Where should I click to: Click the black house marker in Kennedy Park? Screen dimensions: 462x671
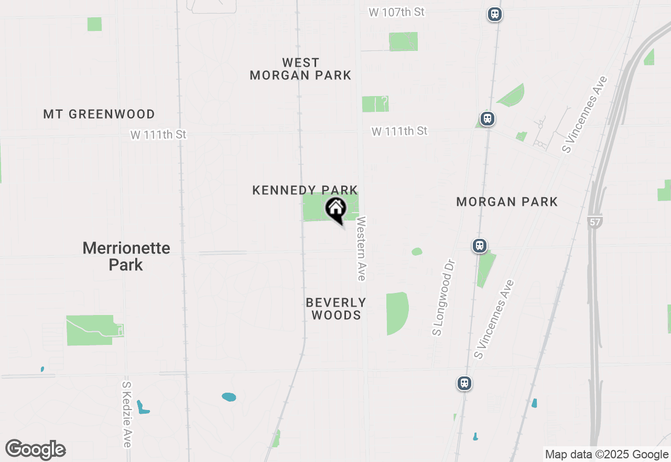pos(336,209)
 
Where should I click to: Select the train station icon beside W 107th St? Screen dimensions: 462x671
pos(494,14)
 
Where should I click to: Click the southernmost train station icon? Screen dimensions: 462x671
pos(464,383)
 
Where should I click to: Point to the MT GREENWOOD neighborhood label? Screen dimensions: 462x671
pos(99,114)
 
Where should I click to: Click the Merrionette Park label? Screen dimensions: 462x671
pos(126,256)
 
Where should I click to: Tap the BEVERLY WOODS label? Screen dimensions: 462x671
pos(336,309)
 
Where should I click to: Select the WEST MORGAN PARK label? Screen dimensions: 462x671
pos(300,69)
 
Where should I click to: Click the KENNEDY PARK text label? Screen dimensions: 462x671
pos(305,190)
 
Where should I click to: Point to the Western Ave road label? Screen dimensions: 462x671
pos(361,249)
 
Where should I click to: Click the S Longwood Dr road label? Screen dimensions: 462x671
pos(443,297)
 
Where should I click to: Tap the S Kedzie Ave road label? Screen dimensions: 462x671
pos(126,415)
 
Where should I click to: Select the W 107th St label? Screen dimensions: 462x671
pos(396,12)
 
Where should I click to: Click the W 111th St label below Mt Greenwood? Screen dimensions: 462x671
pos(158,135)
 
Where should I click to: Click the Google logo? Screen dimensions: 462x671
pos(36,449)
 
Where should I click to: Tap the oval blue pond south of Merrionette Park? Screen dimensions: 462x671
pos(229,397)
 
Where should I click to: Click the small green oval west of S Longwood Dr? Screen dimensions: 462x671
pos(417,252)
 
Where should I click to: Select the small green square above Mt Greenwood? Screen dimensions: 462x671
pos(94,24)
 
